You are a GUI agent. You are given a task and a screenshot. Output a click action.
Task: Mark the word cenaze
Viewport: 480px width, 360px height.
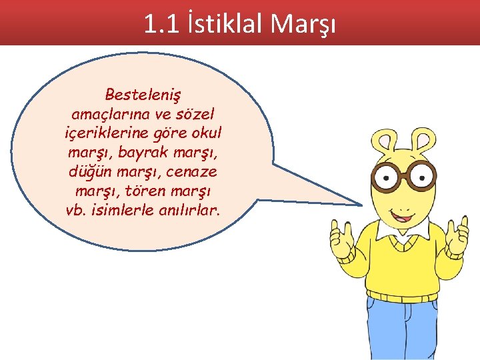[193, 171]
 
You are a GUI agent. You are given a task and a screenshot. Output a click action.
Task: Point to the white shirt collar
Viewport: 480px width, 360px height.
[401, 233]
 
